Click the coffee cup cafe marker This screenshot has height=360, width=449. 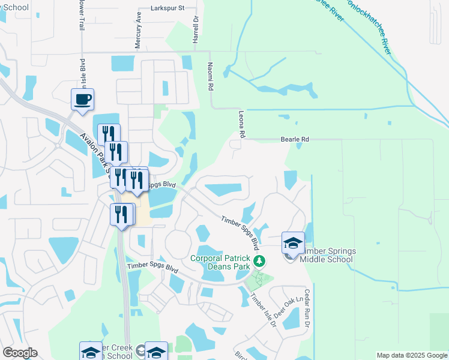coord(82,100)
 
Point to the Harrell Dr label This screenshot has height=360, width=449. coord(195,29)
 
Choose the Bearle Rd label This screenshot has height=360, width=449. coord(295,139)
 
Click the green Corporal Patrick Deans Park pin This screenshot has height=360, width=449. coord(259,261)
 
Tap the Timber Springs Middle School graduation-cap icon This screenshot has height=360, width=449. coord(293,243)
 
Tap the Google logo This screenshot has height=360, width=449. coord(20,353)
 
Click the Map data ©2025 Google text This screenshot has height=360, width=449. coord(412,355)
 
